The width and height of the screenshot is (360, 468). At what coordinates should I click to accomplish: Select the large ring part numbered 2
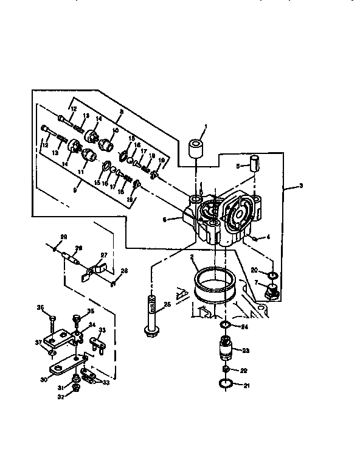pyautogui.click(x=215, y=285)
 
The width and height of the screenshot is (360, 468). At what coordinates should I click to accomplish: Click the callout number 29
pyautogui.click(x=63, y=236)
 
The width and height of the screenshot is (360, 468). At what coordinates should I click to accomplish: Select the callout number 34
pyautogui.click(x=92, y=326)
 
